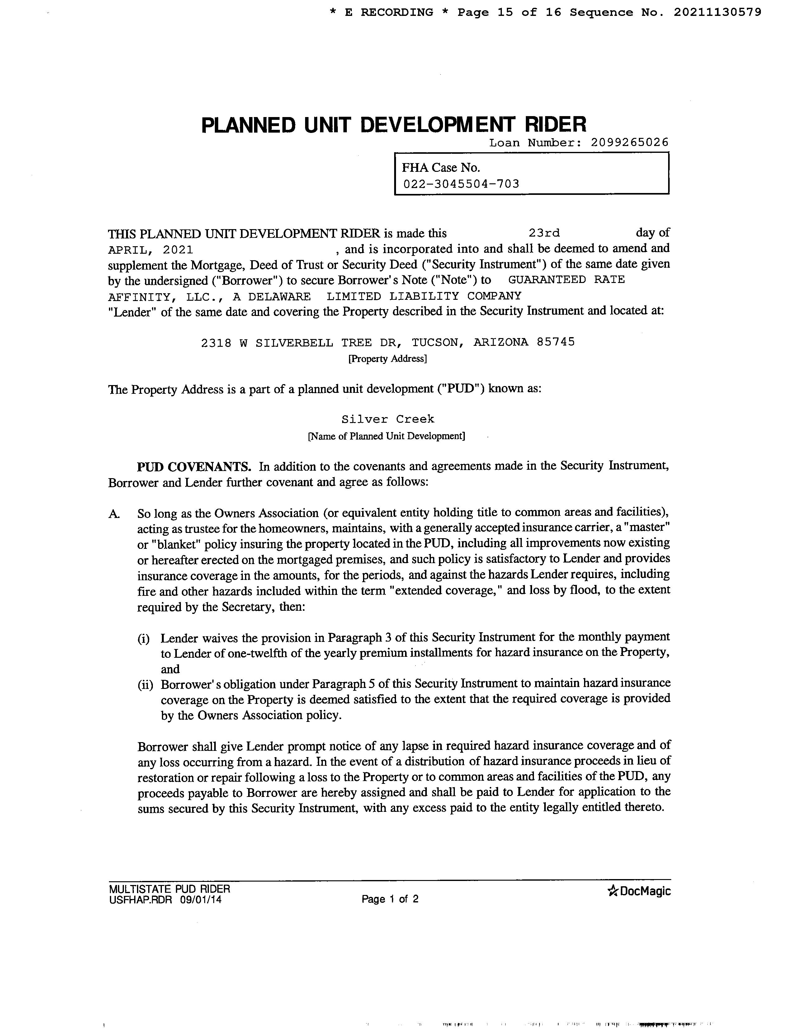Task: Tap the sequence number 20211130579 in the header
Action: pos(717,12)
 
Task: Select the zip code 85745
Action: pos(556,342)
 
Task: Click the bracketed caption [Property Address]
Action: pos(387,359)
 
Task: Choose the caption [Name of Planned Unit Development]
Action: pos(386,436)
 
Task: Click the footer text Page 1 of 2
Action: pos(390,899)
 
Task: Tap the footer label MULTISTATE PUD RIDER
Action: pos(169,888)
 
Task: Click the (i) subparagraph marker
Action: pos(144,639)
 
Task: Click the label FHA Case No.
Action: pos(441,167)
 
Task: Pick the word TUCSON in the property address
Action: pos(435,342)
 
